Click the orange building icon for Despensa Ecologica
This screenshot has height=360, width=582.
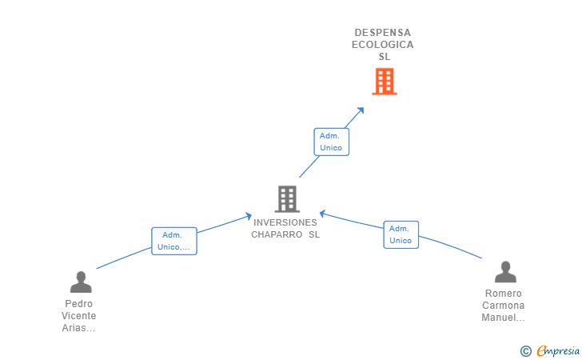coord(385,81)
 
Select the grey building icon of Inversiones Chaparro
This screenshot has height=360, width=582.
coord(286,198)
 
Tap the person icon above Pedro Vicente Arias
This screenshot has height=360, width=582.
coord(81,282)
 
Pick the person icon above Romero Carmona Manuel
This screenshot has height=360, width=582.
coord(505,272)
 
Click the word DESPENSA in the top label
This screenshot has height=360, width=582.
coord(383,33)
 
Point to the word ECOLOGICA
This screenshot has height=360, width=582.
coord(383,45)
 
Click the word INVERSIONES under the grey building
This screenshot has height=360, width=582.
coord(285,222)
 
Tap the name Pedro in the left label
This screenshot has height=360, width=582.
coord(79,304)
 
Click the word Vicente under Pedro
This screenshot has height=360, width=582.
coord(79,316)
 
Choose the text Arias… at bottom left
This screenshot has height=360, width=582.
coord(79,328)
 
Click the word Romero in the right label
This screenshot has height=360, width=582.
coord(504,294)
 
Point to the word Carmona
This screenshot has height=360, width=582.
coord(504,306)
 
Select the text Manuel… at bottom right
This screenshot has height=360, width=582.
coord(504,318)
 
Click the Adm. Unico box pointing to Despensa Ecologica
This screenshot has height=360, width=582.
coord(331,142)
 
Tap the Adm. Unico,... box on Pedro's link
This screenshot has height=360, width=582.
coord(174,241)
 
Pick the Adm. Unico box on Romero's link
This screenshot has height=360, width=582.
coord(401,234)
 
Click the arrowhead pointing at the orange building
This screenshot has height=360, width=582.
coord(361,110)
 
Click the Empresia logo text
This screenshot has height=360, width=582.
coord(559,350)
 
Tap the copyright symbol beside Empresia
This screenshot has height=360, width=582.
coord(526,350)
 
